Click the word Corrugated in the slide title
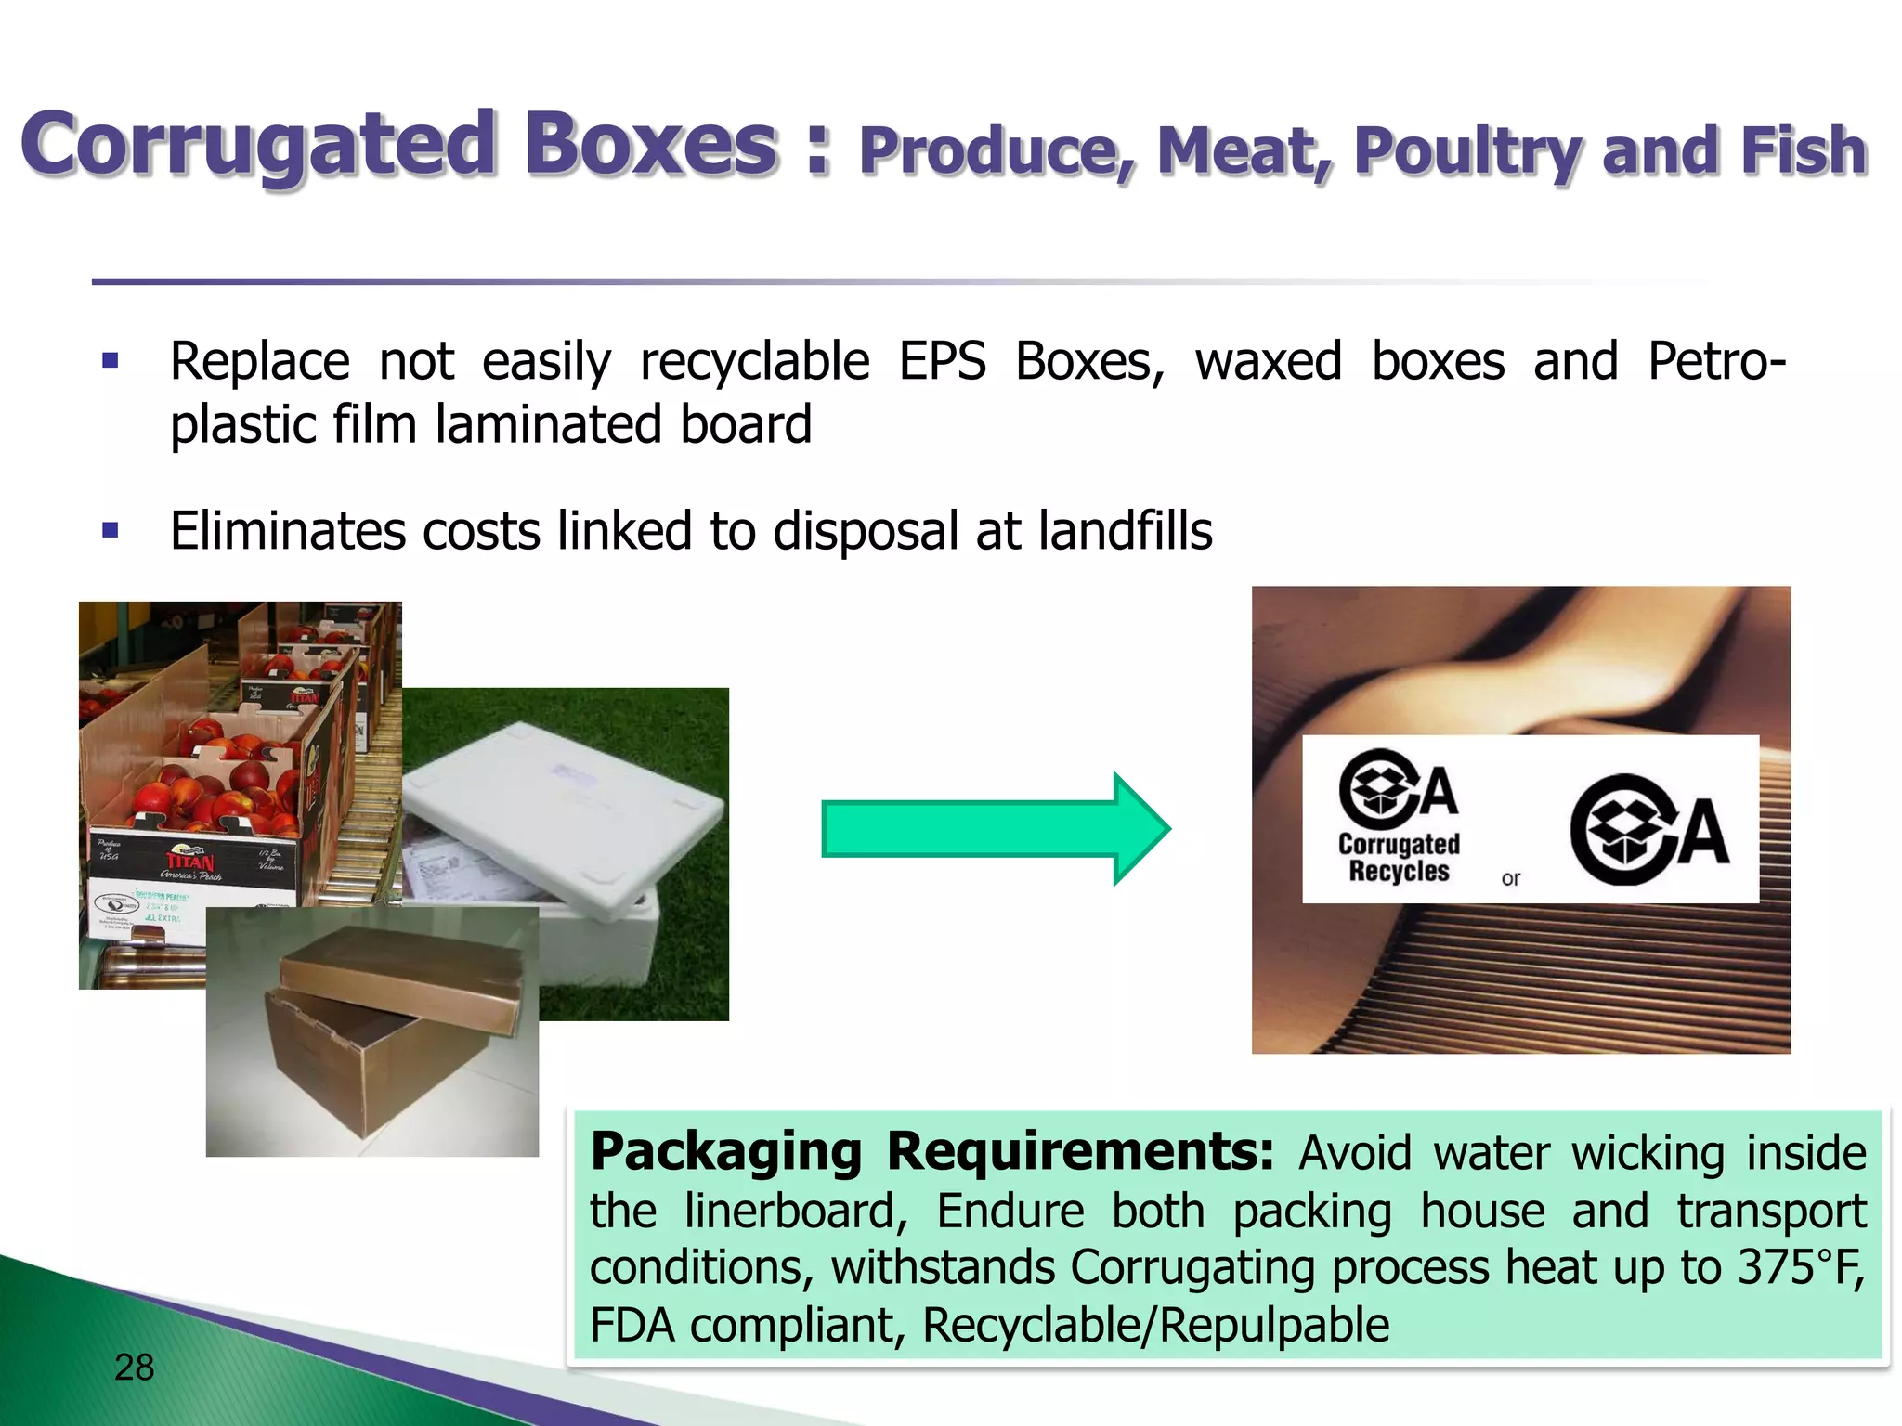(258, 145)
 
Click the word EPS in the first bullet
(942, 361)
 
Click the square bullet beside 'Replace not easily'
(111, 361)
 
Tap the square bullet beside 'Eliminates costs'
(111, 531)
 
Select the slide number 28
(134, 1368)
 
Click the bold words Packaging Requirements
(931, 1152)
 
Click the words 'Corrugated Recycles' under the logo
(1399, 858)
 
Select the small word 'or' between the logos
(1511, 878)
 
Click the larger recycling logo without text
(1649, 829)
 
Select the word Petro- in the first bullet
(1716, 361)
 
